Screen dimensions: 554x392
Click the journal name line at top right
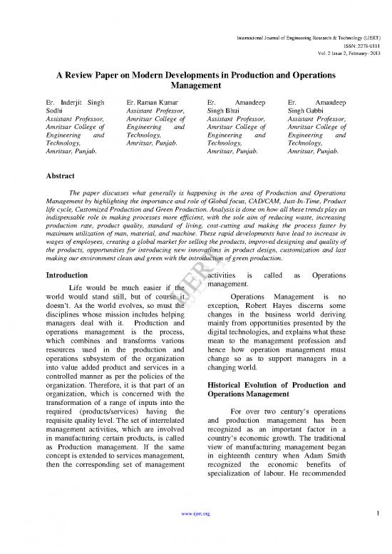[x=309, y=13]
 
